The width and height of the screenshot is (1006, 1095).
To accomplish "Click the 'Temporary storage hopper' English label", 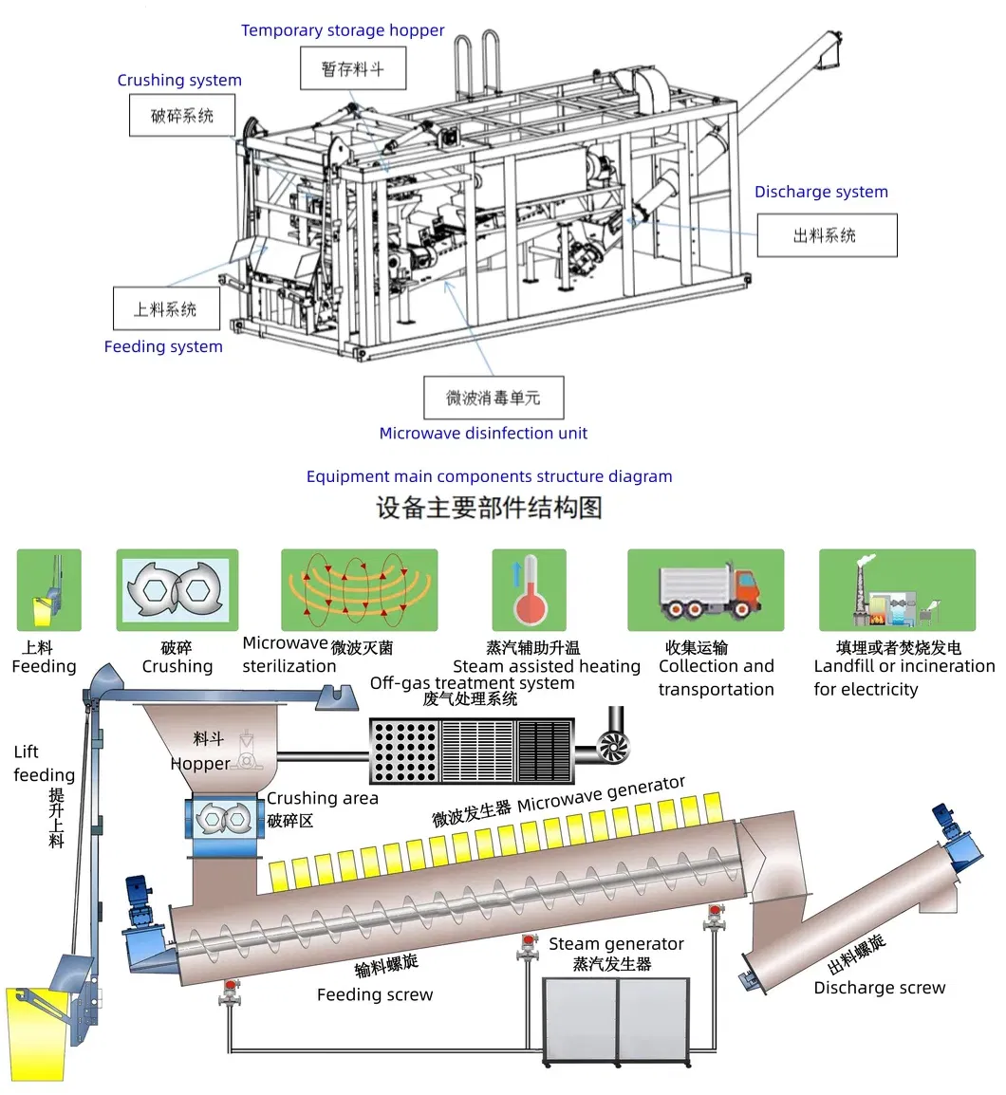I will click(342, 30).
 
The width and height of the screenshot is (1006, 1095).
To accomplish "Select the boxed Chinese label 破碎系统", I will click(182, 117).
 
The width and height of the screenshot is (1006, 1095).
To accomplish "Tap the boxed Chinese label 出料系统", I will click(826, 235).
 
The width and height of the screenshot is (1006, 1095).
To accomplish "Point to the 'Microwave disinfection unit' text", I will click(483, 433).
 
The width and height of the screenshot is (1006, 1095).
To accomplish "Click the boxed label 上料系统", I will click(166, 308).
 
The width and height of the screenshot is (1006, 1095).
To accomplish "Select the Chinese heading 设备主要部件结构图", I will click(489, 508).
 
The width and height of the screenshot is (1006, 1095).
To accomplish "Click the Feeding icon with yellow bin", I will click(48, 590).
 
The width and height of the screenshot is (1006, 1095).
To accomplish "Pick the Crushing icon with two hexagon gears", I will click(177, 590).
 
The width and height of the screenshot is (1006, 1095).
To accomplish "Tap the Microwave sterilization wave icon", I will click(359, 590).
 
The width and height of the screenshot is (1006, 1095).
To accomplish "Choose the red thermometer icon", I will click(529, 590).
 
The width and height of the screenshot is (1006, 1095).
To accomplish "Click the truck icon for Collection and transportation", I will click(706, 590).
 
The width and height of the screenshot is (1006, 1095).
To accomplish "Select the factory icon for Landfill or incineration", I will click(896, 590).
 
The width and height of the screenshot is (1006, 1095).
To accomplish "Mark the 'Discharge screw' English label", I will click(879, 988).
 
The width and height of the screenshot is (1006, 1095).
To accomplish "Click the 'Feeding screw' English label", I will click(375, 994).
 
